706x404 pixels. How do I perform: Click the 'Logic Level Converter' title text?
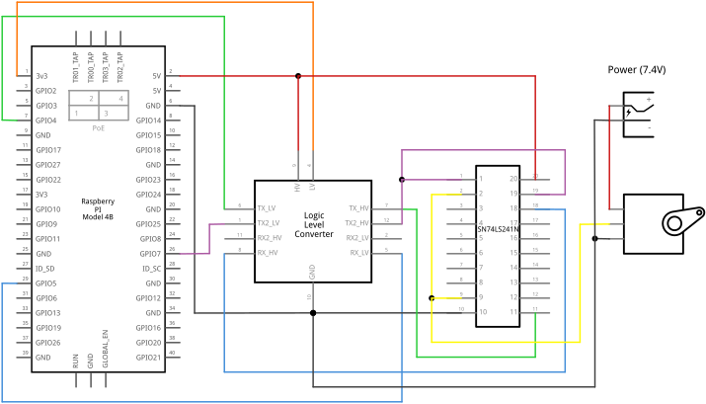pyautogui.click(x=314, y=224)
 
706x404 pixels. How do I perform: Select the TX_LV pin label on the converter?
pyautogui.click(x=267, y=208)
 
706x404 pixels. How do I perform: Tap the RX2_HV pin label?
pyautogui.click(x=270, y=237)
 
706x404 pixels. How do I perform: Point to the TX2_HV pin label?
pyautogui.click(x=356, y=223)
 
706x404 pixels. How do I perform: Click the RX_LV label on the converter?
pyautogui.click(x=358, y=253)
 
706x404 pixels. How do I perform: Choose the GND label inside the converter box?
pyautogui.click(x=312, y=271)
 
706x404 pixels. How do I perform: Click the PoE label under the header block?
pyautogui.click(x=99, y=128)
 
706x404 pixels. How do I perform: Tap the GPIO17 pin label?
pyautogui.click(x=48, y=150)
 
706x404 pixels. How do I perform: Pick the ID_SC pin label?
pyautogui.click(x=151, y=269)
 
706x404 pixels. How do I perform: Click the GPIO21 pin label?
pyautogui.click(x=148, y=357)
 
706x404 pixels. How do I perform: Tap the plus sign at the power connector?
pyautogui.click(x=649, y=99)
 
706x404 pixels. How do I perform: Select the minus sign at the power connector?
pyautogui.click(x=649, y=128)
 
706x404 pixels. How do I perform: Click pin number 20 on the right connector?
pyautogui.click(x=513, y=179)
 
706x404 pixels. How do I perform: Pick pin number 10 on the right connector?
pyautogui.click(x=483, y=312)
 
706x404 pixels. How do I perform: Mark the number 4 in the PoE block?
pyautogui.click(x=120, y=99)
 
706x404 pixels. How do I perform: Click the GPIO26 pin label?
pyautogui.click(x=48, y=342)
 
